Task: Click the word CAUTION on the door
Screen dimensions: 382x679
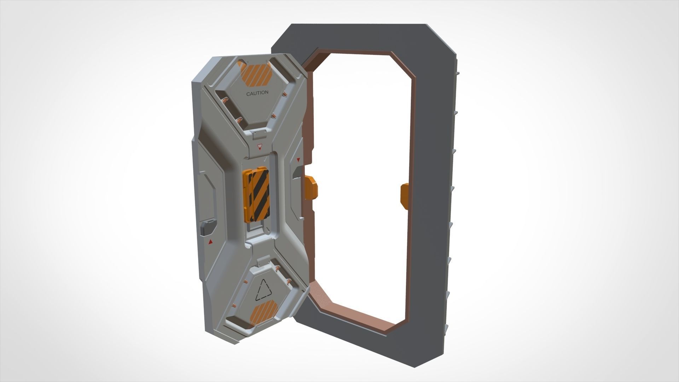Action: (257, 93)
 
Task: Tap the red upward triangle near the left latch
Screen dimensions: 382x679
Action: (210, 242)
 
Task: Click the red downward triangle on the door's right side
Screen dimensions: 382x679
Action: (298, 160)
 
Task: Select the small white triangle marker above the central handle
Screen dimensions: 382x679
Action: (260, 146)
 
